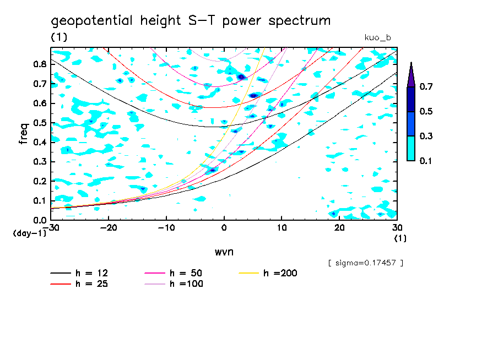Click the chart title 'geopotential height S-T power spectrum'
(191, 21)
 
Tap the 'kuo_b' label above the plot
(377, 37)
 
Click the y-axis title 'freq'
(24, 134)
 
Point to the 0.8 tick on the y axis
(39, 64)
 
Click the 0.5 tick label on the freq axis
(39, 123)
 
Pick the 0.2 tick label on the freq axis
(39, 181)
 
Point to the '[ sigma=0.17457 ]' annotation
(365, 263)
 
